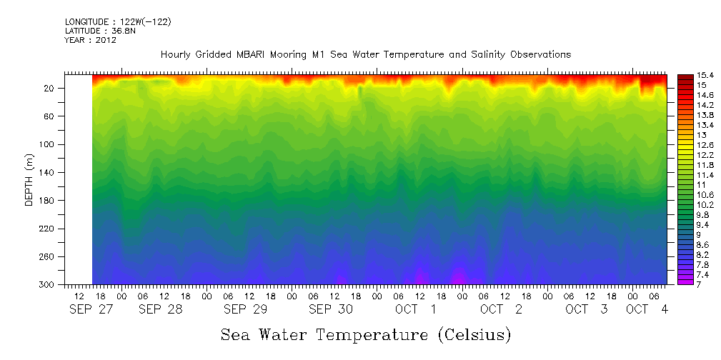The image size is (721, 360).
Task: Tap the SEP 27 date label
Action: pyautogui.click(x=90, y=309)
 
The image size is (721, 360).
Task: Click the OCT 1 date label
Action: pyautogui.click(x=416, y=309)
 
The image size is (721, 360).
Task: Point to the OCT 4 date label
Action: pyautogui.click(x=647, y=309)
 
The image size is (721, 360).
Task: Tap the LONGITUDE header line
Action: pyautogui.click(x=118, y=22)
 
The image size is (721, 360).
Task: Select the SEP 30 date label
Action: pyautogui.click(x=330, y=309)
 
